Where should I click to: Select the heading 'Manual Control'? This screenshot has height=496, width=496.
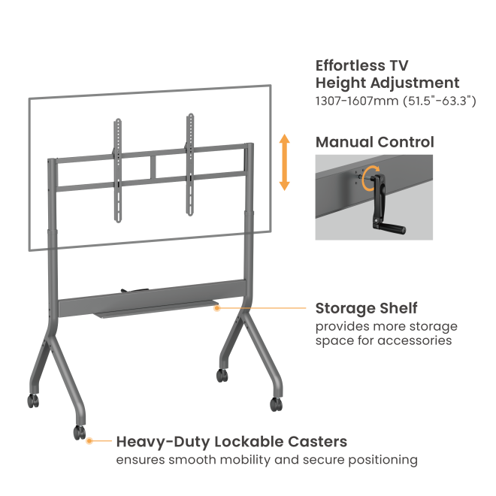point(374,142)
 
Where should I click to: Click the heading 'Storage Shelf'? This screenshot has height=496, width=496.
point(366,308)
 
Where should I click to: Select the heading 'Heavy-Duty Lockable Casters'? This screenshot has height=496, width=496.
point(231,441)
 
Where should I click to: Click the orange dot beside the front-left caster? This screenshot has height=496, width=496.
point(89,441)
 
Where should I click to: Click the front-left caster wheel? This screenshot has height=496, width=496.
point(78,433)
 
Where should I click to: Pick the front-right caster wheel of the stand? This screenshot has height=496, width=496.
point(277,404)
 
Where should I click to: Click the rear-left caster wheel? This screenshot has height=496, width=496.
point(34,401)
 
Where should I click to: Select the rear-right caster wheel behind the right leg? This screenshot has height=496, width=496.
point(222,374)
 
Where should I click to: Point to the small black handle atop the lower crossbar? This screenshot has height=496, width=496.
point(132,291)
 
